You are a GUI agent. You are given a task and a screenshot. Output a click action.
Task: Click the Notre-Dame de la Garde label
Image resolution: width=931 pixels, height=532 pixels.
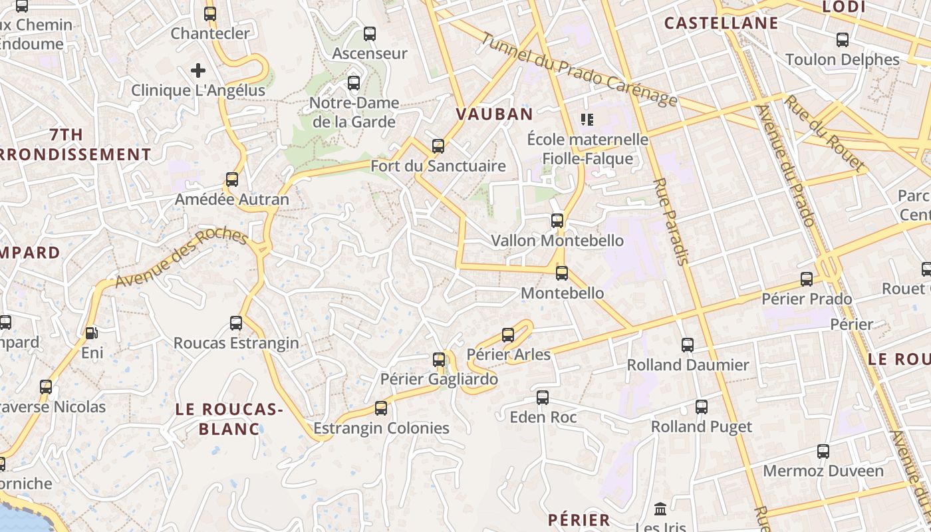tap(354, 112)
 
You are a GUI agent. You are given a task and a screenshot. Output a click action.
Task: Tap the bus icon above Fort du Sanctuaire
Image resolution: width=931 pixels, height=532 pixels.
tap(438, 146)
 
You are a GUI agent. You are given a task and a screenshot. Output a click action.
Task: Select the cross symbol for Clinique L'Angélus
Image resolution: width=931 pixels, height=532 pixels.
tap(198, 70)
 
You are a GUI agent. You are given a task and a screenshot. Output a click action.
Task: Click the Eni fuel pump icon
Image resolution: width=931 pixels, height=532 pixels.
tap(91, 332)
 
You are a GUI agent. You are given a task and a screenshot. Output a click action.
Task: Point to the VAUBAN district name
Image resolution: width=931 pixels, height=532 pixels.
tap(494, 114)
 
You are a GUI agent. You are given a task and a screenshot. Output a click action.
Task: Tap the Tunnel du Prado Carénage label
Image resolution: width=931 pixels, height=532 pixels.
tap(579, 70)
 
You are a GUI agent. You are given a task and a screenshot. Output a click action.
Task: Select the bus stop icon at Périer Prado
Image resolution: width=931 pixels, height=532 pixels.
tap(807, 279)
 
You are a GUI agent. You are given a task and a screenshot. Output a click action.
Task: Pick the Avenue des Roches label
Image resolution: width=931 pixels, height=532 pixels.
tap(181, 258)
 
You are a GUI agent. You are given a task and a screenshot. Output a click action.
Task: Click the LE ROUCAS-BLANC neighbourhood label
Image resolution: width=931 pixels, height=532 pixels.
tap(229, 419)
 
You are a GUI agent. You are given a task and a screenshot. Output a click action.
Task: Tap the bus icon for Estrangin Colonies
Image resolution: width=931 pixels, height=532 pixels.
tap(381, 408)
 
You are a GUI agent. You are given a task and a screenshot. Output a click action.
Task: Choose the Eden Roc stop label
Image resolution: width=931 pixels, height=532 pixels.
tap(543, 417)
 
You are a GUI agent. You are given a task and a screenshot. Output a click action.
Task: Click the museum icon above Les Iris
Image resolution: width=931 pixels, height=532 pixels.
tap(660, 509)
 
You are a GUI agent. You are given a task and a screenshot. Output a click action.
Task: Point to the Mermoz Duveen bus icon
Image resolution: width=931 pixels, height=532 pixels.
tap(823, 452)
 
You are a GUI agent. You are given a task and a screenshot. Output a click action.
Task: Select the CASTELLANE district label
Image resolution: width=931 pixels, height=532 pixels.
tap(721, 23)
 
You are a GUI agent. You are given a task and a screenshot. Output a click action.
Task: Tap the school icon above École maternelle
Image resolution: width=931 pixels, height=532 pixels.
tap(587, 120)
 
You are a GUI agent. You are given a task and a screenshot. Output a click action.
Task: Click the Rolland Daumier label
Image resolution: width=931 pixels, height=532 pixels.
tap(688, 364)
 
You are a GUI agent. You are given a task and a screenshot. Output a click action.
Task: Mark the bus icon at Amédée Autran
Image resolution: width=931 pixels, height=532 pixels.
tap(231, 180)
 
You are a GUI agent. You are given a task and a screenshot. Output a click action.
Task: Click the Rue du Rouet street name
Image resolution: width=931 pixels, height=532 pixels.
tap(825, 133)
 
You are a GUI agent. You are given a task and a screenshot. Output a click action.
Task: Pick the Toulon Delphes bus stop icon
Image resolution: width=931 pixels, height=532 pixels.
tap(843, 40)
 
